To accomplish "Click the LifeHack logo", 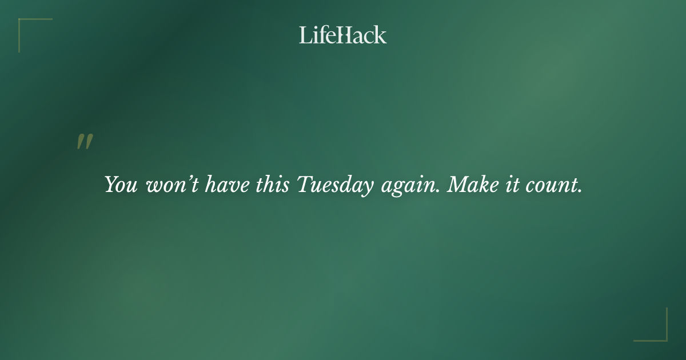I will click(342, 35).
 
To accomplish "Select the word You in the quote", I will click(121, 185).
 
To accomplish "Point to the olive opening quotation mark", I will click(85, 142).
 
